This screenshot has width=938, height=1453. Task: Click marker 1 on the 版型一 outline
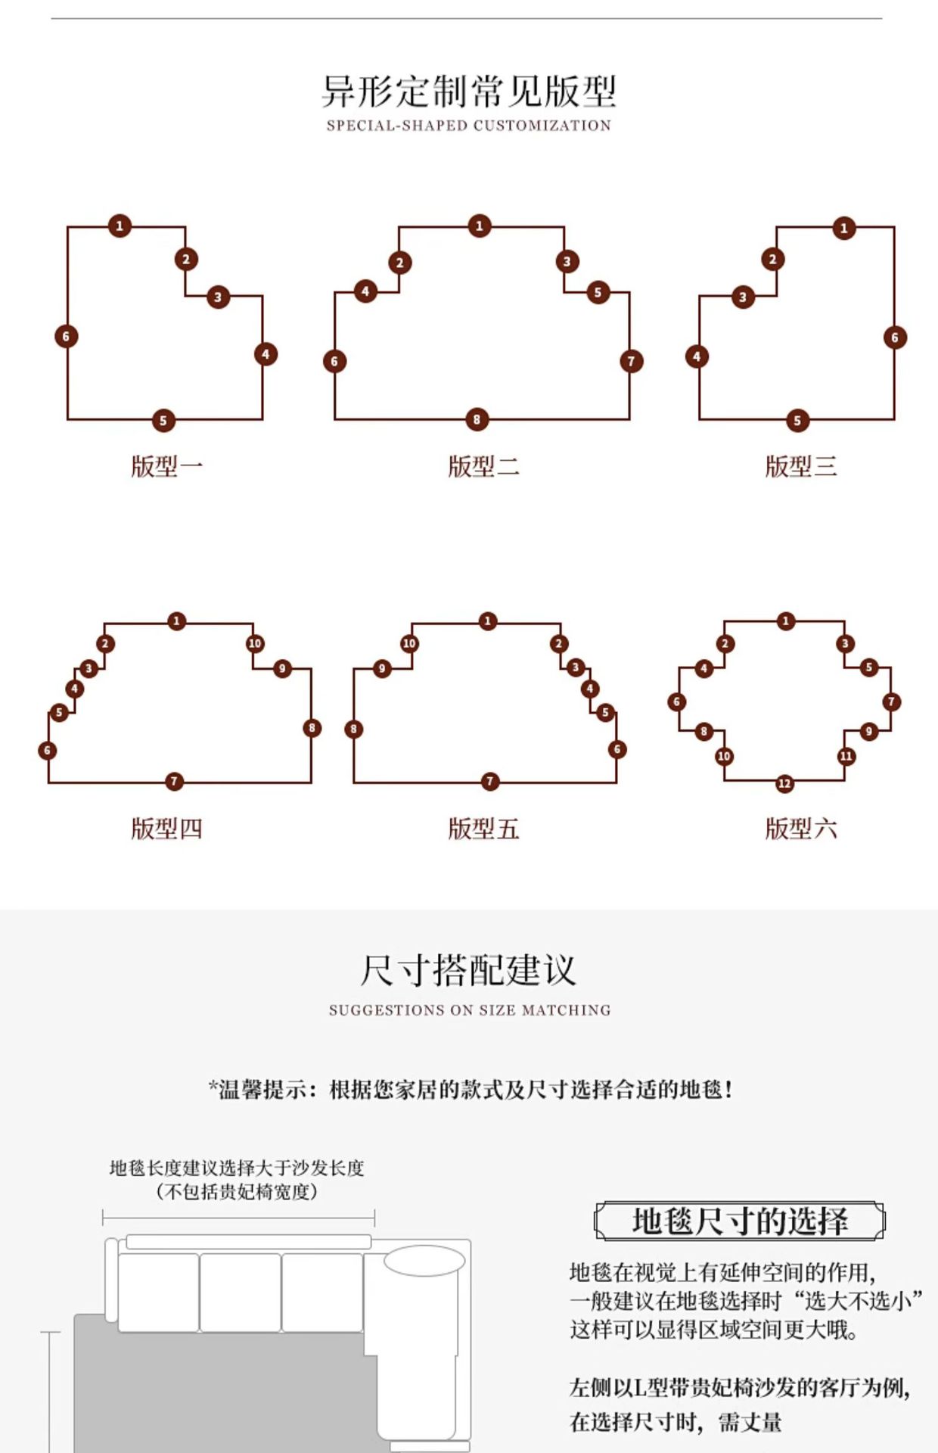click(120, 226)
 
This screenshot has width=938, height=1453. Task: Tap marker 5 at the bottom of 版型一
click(163, 420)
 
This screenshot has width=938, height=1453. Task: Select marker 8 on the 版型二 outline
click(477, 419)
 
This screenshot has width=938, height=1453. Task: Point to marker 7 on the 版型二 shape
click(631, 361)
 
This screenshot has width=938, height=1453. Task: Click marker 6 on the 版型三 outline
click(895, 338)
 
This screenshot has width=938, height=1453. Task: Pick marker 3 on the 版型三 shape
click(743, 297)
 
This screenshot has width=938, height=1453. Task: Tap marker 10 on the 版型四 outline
click(255, 643)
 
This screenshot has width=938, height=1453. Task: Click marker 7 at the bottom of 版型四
click(174, 781)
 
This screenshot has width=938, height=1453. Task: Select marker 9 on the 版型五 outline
click(382, 668)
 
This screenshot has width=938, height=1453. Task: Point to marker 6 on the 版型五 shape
click(617, 749)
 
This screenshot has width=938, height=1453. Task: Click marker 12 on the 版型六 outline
click(784, 783)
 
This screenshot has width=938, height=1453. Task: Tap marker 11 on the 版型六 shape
click(846, 755)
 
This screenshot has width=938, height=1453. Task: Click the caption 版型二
click(483, 466)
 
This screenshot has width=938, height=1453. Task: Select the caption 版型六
click(800, 829)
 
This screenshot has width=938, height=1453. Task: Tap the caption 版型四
click(166, 829)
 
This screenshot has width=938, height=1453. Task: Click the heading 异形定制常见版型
click(469, 92)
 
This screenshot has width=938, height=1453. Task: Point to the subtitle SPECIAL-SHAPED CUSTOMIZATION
click(469, 126)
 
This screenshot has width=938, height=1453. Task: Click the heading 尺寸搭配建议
click(469, 970)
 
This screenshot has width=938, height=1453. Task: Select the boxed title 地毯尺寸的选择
click(739, 1221)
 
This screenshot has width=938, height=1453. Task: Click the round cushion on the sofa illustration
click(424, 1261)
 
